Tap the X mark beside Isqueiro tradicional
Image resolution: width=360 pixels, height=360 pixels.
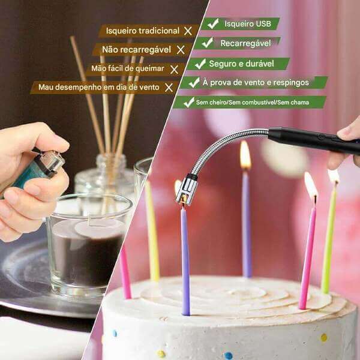tap(188, 31)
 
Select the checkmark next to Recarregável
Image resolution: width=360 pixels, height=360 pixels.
tap(208, 43)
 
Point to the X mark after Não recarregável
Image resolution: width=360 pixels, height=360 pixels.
tap(181, 50)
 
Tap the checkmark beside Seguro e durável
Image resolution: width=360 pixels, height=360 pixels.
tap(200, 64)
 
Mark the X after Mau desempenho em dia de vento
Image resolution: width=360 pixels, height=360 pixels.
tap(169, 88)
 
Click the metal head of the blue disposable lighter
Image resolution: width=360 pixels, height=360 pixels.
tap(49, 163)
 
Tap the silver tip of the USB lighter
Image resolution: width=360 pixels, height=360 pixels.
tap(187, 189)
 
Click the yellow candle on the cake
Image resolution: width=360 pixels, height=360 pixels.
tap(152, 231)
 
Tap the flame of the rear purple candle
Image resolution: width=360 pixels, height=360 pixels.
tap(245, 155)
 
